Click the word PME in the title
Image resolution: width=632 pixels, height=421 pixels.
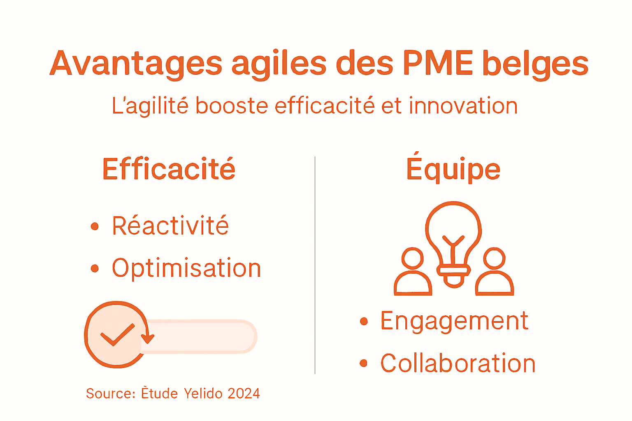438,64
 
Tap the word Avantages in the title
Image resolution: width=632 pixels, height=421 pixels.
136,64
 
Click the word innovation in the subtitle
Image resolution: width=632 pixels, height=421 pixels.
463,106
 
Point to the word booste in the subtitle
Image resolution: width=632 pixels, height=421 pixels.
232,106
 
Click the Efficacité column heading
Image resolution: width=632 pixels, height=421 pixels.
169,169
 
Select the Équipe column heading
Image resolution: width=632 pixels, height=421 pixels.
453,169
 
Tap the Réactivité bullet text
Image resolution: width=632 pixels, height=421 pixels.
170,226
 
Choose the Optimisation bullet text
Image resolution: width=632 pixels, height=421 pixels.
186,268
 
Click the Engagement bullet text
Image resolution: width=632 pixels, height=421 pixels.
454,321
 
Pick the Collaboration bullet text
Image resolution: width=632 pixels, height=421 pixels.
458,363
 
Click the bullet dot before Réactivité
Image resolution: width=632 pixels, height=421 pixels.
95,226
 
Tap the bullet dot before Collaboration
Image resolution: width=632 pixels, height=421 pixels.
363,363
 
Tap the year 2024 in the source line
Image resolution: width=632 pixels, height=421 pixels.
244,393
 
